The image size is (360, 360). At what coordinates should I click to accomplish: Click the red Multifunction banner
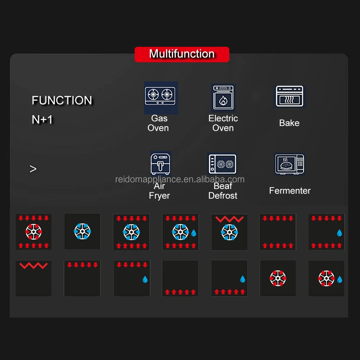[x=182, y=54]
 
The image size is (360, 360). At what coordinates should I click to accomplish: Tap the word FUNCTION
[x=62, y=100]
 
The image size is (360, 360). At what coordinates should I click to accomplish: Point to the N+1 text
[x=42, y=120]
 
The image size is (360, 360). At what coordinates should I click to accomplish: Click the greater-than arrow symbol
[x=33, y=169]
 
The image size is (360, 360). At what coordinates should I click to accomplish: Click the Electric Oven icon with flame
[x=223, y=98]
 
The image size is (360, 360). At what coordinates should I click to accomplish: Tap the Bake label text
[x=289, y=123]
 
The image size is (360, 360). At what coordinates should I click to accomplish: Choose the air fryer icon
[x=160, y=163]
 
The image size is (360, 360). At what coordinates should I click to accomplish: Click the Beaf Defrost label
[x=223, y=191]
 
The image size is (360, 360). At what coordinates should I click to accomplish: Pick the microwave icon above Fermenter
[x=289, y=165]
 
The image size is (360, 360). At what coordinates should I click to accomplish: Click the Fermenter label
[x=290, y=191]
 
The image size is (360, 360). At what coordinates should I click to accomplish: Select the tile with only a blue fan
[x=82, y=231]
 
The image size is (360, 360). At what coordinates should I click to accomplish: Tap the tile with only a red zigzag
[x=33, y=278]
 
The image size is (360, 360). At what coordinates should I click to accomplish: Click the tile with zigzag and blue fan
[x=229, y=232]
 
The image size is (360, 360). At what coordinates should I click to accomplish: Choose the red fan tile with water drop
[x=327, y=278]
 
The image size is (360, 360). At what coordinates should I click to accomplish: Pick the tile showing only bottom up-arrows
[x=180, y=278]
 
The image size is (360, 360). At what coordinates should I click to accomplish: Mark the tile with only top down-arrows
[x=82, y=278]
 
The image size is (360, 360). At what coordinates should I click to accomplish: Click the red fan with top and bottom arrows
[x=33, y=232]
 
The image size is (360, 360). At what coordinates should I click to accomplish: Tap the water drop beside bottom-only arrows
[x=242, y=279]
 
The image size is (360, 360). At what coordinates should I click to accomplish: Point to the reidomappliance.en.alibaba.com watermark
[x=180, y=179]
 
